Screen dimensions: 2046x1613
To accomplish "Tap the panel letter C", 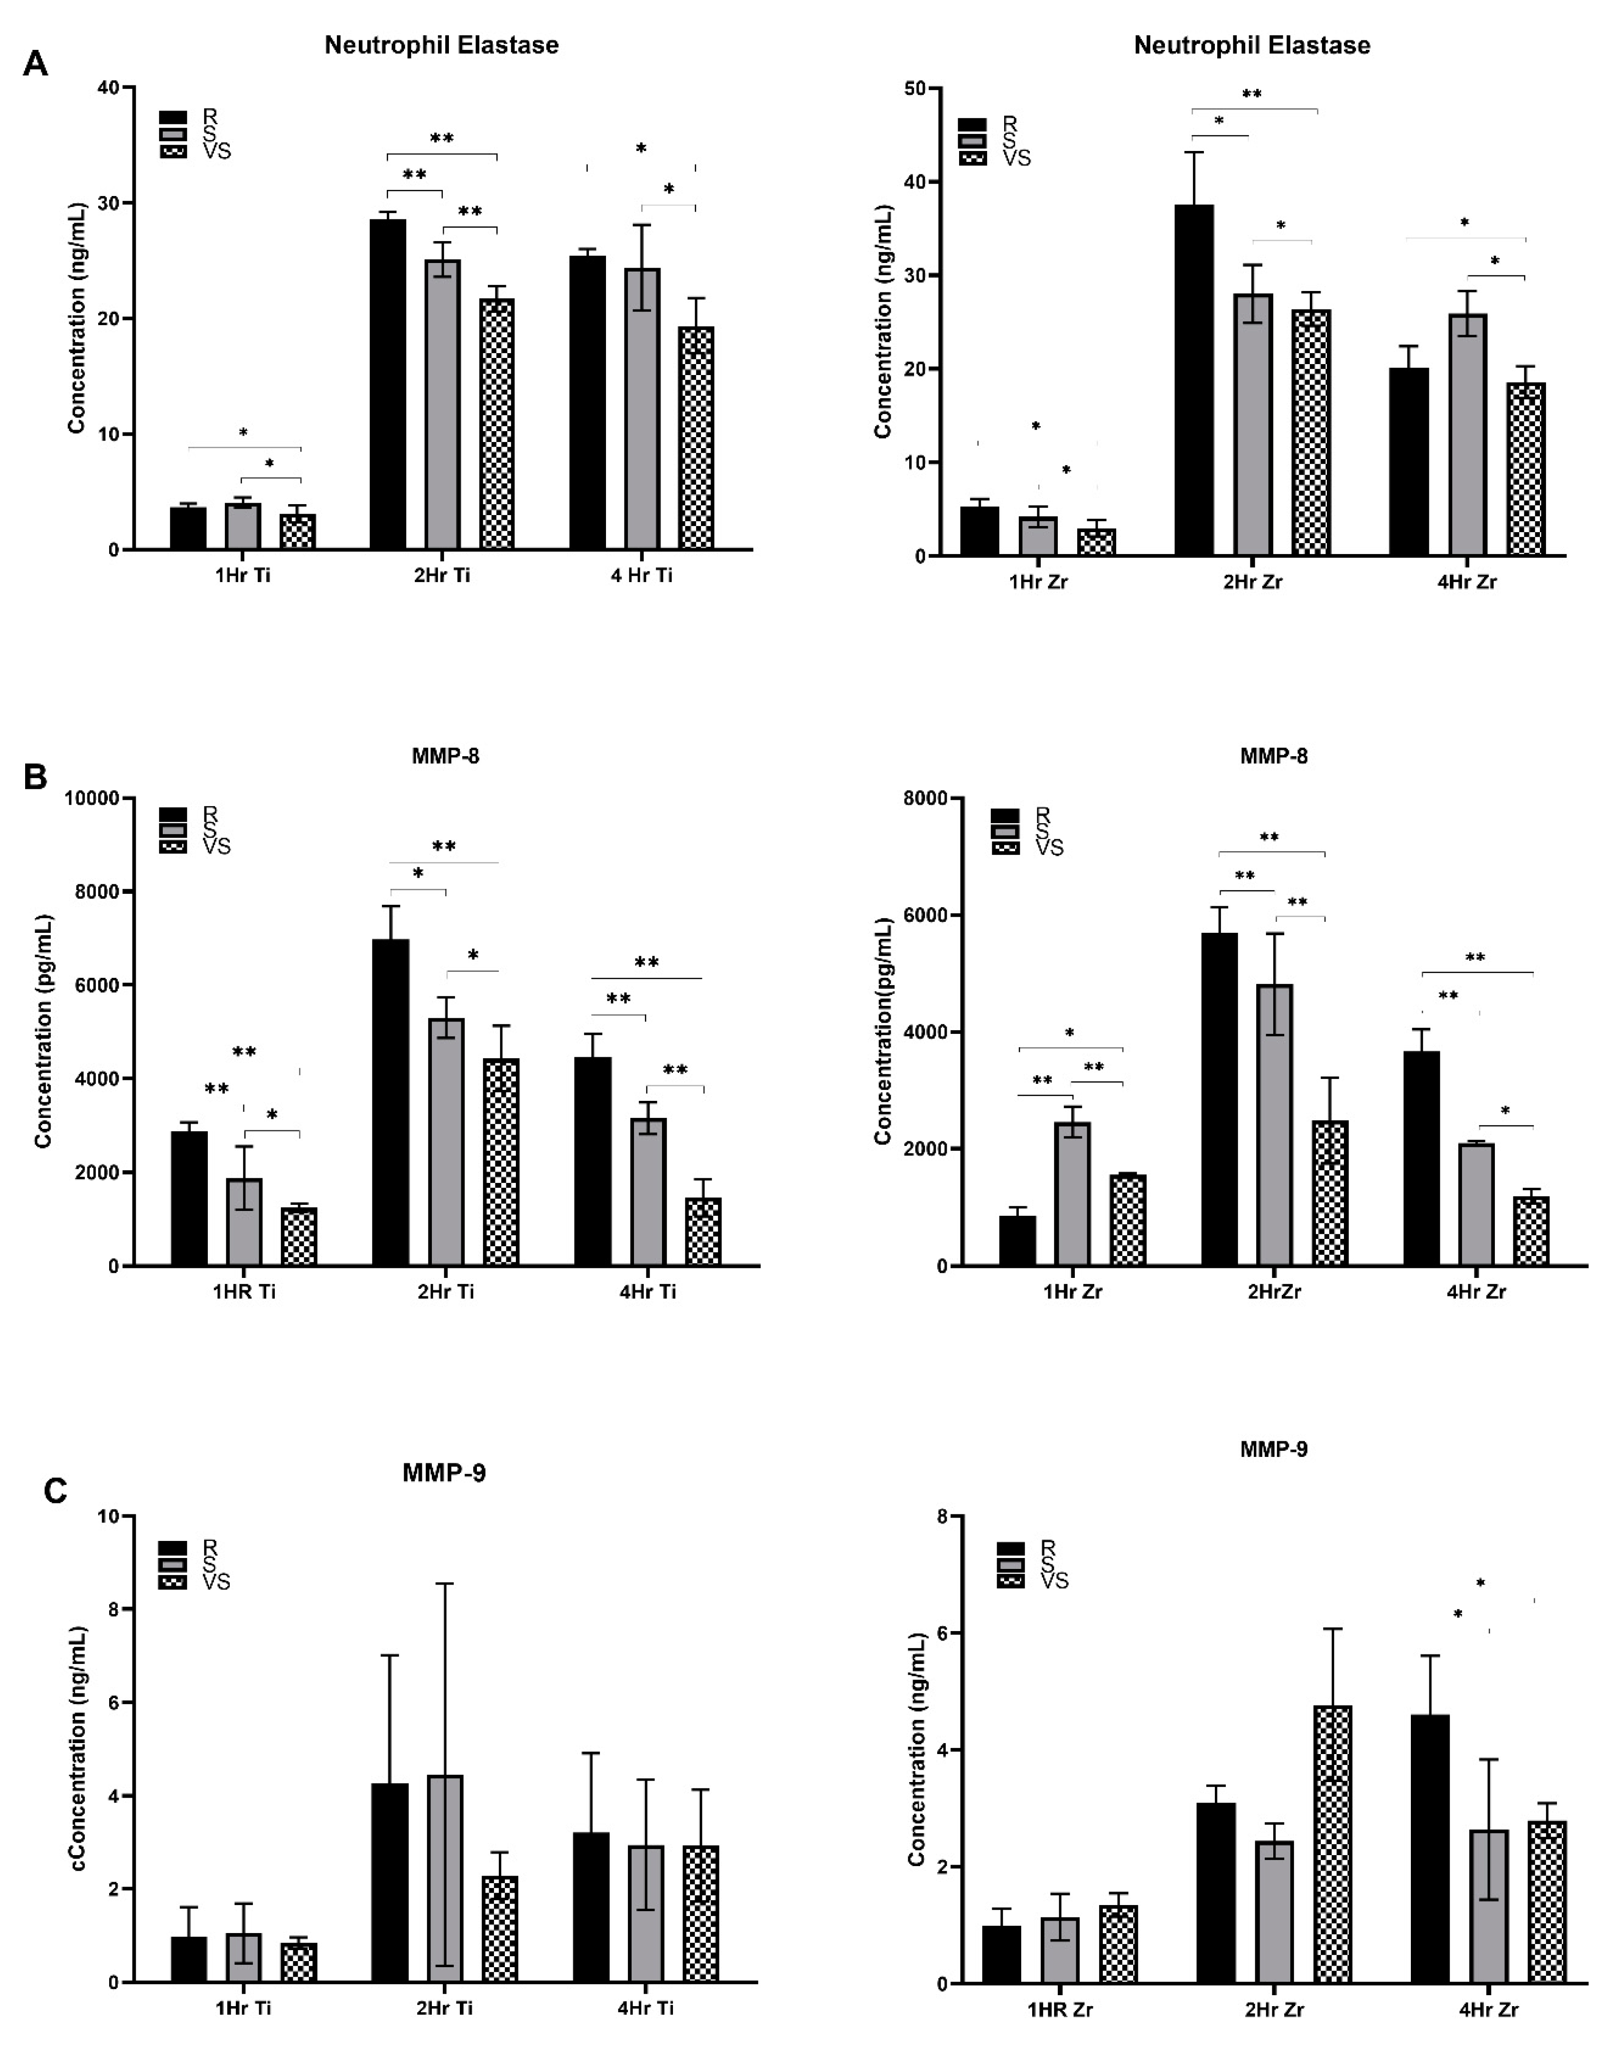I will click(x=56, y=1491).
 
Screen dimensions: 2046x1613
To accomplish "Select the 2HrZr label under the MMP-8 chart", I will click(x=1274, y=1291).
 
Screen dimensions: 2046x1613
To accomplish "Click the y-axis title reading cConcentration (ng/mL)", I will click(x=77, y=1747).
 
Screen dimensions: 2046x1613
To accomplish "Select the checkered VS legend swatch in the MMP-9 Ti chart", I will click(x=173, y=1581).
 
